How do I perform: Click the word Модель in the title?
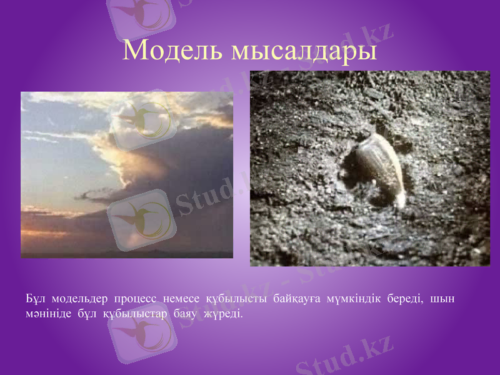172,50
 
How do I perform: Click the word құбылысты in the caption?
235,298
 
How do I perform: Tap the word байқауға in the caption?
295,298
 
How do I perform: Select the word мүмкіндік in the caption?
354,297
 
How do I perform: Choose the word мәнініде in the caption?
44,312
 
